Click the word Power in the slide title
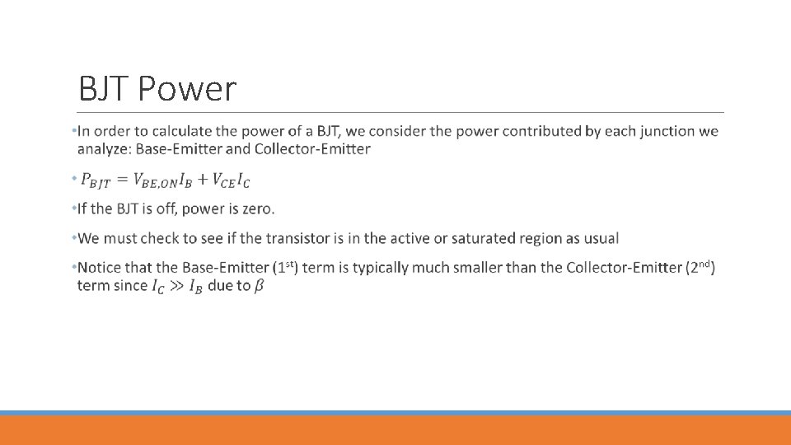(188, 89)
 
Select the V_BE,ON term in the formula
(154, 180)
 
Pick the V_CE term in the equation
(224, 180)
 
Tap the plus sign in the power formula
(201, 180)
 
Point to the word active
(410, 238)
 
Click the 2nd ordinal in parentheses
(700, 267)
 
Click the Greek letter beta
(259, 287)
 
